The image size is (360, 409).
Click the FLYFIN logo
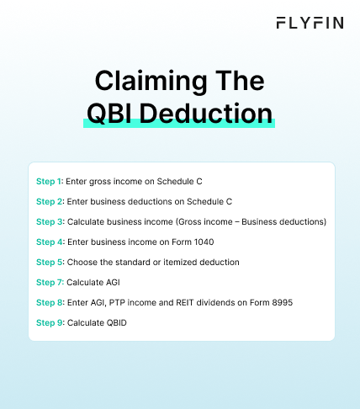click(310, 23)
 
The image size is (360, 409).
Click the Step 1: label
click(50, 181)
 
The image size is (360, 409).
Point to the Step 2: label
click(50, 201)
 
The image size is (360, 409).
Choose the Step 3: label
click(50, 221)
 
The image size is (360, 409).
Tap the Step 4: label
click(50, 242)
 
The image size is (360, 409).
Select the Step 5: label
click(50, 262)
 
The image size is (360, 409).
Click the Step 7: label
click(50, 282)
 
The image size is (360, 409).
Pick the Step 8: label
click(50, 302)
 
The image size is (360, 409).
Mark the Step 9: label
click(50, 322)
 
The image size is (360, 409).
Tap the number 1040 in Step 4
click(189, 242)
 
